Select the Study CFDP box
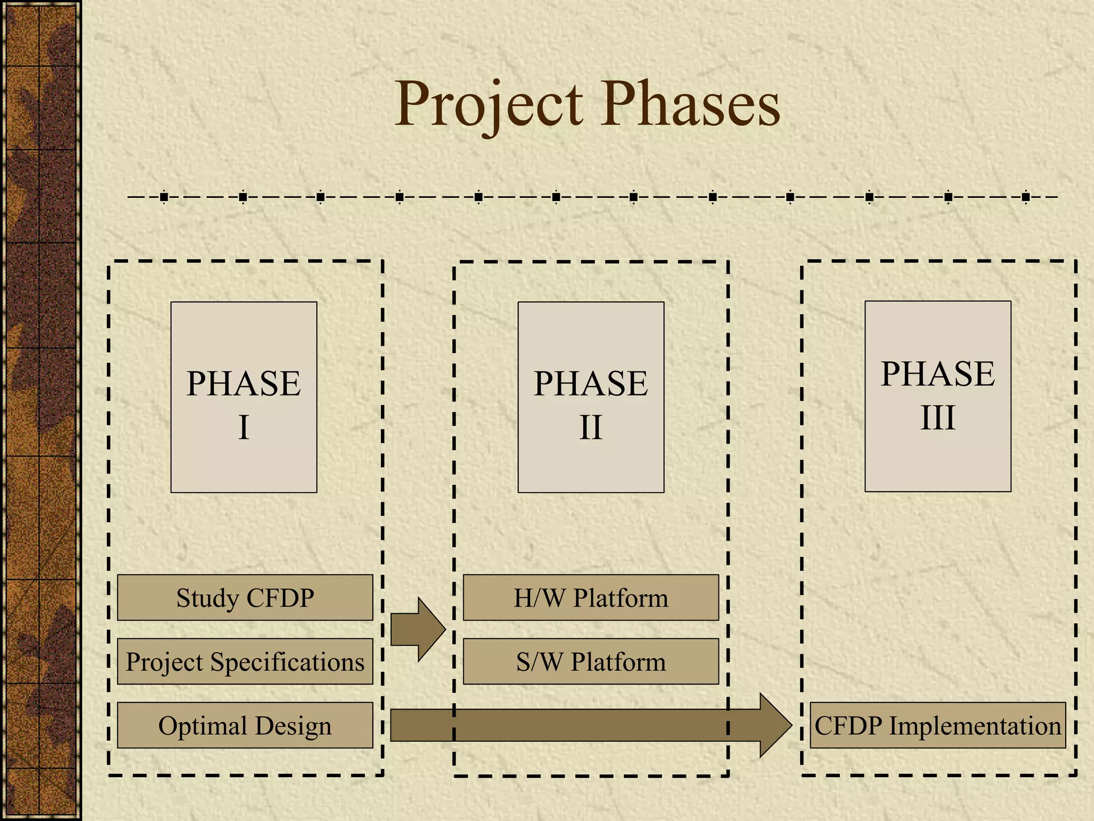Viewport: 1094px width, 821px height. [245, 598]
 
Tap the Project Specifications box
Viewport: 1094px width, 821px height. [245, 661]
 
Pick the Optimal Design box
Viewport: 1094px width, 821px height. [245, 725]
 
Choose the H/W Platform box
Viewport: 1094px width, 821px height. [591, 598]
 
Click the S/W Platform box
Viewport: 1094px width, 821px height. [591, 661]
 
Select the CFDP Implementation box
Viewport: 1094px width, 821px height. [937, 725]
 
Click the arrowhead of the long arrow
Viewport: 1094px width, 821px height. [775, 725]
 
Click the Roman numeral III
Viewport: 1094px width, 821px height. [938, 418]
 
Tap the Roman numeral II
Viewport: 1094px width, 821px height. [591, 428]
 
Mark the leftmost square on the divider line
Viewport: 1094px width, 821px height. [164, 197]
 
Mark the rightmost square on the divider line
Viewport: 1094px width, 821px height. [1026, 197]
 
